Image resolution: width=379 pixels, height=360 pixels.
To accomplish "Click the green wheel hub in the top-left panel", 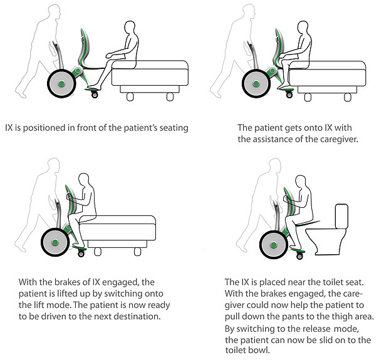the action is coord(61,84).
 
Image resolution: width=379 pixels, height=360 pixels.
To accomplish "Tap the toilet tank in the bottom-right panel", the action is coord(341,217).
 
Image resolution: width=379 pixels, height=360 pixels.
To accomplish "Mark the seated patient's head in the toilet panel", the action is coord(301,182).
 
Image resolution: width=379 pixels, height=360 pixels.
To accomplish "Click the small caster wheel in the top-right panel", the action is coord(289,95).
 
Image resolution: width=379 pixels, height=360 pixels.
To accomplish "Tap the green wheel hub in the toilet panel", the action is coord(274,245).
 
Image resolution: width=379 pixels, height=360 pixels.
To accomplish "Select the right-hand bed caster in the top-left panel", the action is coord(170,97).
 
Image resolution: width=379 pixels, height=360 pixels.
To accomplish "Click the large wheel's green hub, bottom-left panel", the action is coord(55,242).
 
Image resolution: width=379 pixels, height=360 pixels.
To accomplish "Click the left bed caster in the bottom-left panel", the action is coord(98,252).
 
